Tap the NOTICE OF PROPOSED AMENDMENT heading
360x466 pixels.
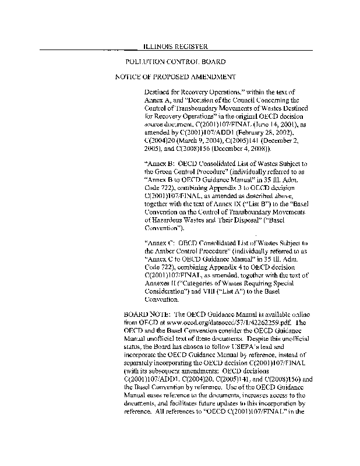[175, 77]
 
